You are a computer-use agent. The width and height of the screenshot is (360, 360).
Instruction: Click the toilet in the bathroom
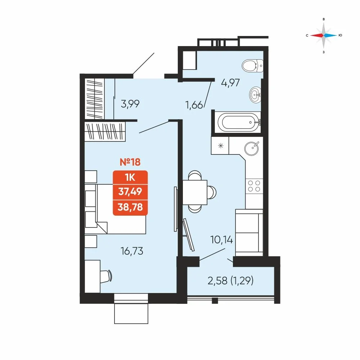253,66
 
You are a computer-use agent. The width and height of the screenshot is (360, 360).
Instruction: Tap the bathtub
239,122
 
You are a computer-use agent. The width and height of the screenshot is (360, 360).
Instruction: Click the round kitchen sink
252,148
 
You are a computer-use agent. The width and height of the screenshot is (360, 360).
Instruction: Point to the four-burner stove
254,186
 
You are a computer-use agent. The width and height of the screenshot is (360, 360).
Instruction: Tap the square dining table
195,192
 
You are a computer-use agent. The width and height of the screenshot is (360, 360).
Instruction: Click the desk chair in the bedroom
106,276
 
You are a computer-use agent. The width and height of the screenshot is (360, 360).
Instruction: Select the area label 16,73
132,251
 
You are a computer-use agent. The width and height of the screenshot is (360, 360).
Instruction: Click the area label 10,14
221,240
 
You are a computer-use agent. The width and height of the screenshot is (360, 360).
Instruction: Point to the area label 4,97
230,83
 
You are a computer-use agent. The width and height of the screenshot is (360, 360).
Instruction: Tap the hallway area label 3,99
130,104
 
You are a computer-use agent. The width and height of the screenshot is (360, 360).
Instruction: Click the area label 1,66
194,105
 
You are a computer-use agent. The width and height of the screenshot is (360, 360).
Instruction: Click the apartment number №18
130,162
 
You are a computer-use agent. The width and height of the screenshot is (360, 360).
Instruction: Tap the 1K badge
130,177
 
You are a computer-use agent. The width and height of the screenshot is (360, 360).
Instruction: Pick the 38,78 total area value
130,207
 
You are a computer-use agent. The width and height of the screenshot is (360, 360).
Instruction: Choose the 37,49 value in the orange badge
130,191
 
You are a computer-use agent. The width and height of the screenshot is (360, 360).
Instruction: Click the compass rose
324,35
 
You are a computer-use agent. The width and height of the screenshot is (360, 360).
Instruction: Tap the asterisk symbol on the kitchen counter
221,145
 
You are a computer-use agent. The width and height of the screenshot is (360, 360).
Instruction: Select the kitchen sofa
249,233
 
